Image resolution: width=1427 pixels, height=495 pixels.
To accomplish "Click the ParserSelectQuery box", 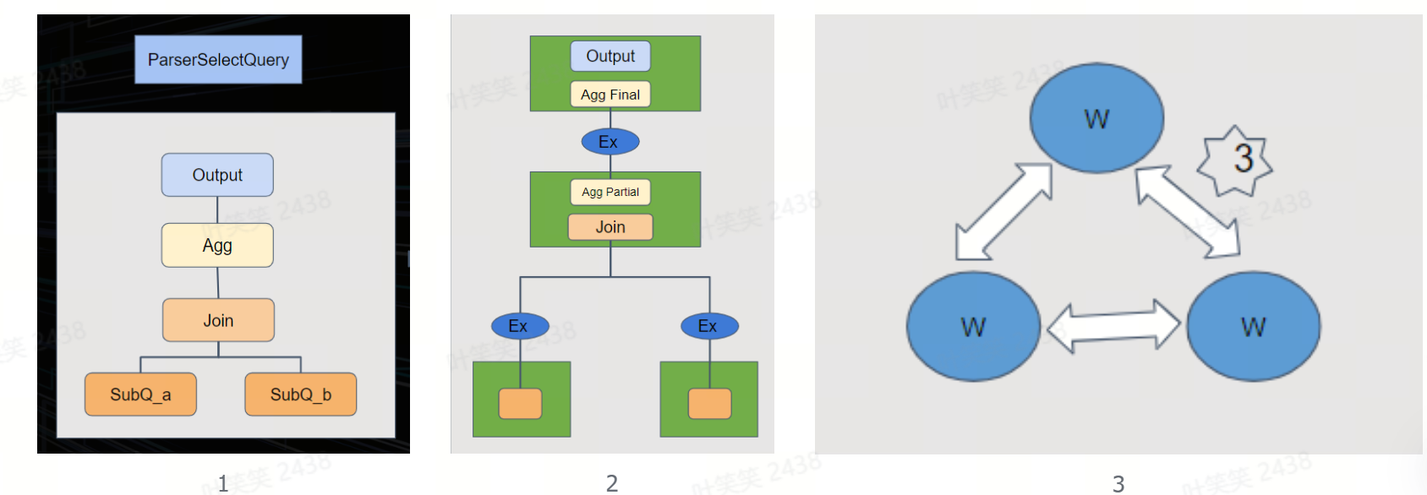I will (x=218, y=60).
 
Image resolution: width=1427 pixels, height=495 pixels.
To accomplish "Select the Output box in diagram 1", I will (x=217, y=175).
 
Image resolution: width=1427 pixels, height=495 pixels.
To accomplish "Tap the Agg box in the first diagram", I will (x=217, y=246).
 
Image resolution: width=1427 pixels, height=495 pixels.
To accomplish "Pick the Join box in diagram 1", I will (x=218, y=320).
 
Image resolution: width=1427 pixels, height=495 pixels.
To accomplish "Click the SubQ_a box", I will (x=140, y=394).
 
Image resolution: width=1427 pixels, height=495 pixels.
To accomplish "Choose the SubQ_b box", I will (x=300, y=394).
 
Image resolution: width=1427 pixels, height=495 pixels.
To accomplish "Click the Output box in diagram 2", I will (x=610, y=57).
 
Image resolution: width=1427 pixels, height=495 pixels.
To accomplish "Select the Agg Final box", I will (x=610, y=95).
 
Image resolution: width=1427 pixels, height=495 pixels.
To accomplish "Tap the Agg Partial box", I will (x=610, y=192).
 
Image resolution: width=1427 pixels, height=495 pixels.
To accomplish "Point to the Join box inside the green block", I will (x=610, y=227).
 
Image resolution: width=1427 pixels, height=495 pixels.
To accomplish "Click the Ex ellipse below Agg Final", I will (x=610, y=142).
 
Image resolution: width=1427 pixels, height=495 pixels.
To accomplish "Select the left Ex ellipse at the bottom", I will (x=520, y=326).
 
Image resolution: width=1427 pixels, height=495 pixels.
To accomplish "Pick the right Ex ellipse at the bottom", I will (x=709, y=326).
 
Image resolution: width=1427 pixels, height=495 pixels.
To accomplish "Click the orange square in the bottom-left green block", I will (x=520, y=404).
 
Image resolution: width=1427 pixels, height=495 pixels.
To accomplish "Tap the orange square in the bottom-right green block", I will (x=709, y=404).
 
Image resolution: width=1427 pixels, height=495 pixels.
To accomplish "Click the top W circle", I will (x=1096, y=118).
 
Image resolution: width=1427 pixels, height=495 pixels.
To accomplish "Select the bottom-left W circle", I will (x=973, y=326).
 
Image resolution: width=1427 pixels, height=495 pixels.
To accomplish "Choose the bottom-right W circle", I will (x=1253, y=326).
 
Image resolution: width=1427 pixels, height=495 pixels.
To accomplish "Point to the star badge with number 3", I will (x=1236, y=160).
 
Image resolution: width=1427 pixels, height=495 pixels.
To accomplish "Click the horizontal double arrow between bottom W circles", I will (x=1113, y=326).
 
